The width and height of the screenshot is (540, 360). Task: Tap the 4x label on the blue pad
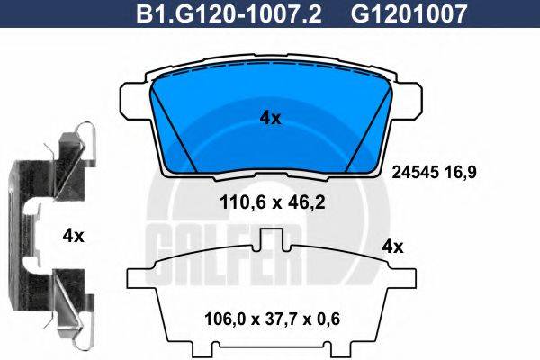pyautogui.click(x=270, y=118)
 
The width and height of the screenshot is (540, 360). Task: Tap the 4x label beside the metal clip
pyautogui.click(x=73, y=236)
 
